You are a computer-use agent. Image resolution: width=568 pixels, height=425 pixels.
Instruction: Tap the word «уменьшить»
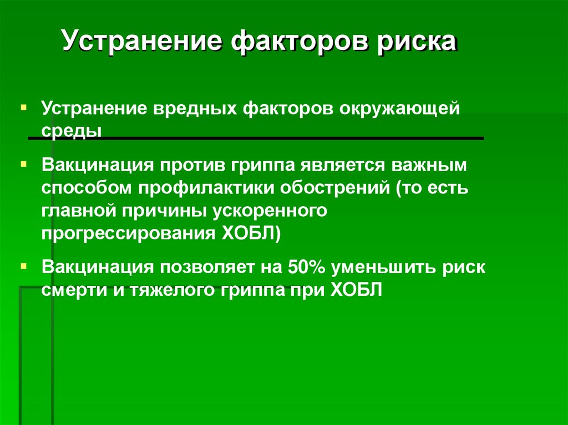[384, 268]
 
